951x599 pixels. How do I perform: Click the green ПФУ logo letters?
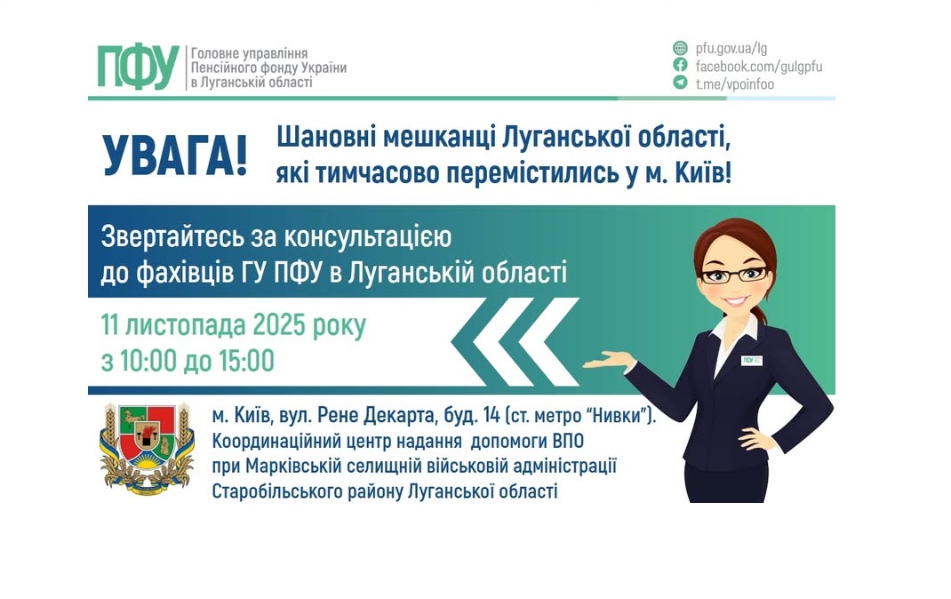point(138,68)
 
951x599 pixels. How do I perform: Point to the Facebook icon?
point(680,65)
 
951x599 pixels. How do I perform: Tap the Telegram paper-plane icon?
point(680,82)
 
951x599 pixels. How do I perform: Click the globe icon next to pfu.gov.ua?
point(680,48)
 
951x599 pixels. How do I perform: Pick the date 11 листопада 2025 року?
point(233,326)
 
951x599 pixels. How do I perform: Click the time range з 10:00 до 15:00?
point(188,361)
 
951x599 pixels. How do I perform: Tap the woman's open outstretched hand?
point(610,361)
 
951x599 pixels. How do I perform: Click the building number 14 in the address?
point(491,415)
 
